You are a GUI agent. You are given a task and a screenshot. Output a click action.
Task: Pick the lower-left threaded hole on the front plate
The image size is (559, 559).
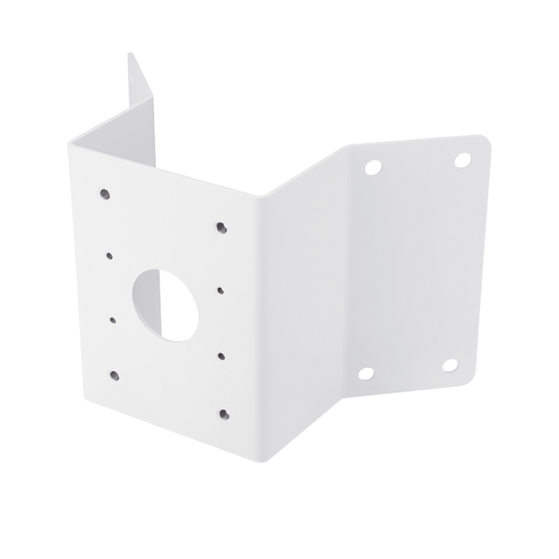tap(115, 374)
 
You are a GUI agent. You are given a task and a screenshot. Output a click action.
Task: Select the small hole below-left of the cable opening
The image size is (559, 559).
tap(112, 320)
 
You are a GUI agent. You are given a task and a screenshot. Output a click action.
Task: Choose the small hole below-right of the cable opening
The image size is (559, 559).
tap(221, 355)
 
